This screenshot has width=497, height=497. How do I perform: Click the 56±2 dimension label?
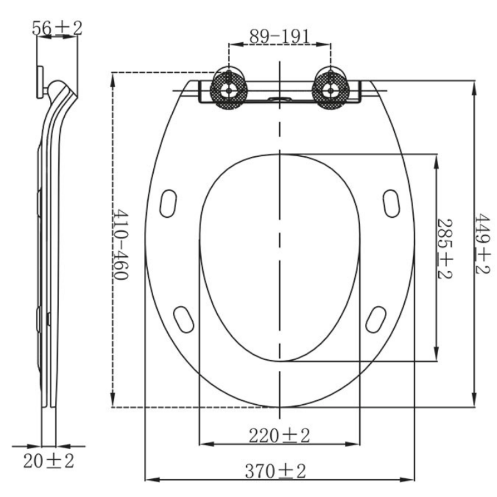pos(57,28)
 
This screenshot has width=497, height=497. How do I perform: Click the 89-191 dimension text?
pos(279,37)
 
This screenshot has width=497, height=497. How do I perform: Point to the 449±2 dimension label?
pos(482,244)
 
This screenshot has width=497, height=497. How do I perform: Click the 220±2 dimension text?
pos(279,436)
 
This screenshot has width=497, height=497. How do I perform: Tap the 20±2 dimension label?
pos(48,461)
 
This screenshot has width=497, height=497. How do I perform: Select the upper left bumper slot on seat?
pos(168,203)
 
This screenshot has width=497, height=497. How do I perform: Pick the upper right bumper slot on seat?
pos(391,203)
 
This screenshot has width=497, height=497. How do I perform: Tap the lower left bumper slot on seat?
pos(183,319)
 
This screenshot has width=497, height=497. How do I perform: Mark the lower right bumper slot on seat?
pos(376,319)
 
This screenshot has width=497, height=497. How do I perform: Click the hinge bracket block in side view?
pos(40,82)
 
